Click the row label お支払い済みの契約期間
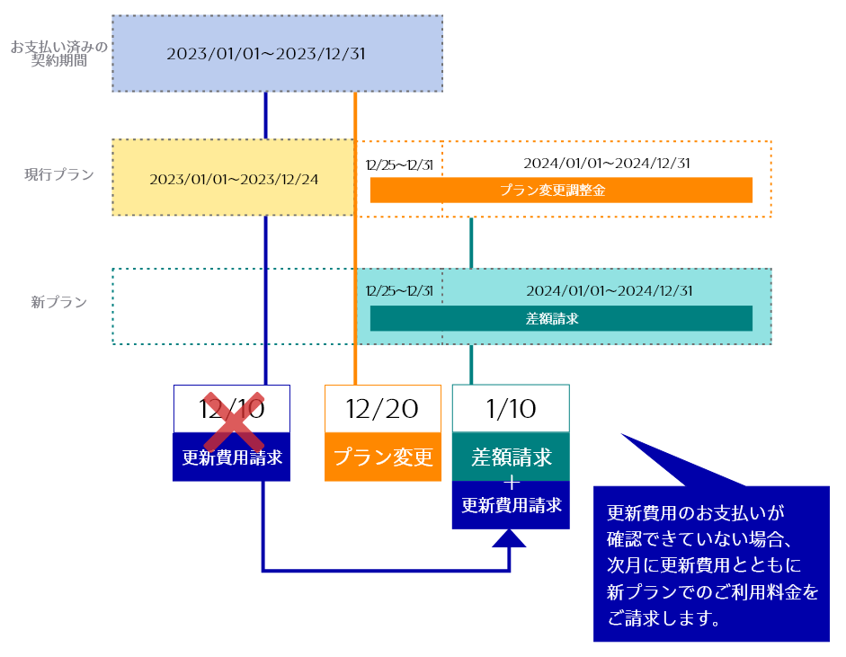click(58, 54)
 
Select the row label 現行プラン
click(58, 174)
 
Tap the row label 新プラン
click(58, 303)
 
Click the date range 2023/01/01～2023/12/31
click(266, 53)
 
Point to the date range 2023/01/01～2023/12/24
click(234, 179)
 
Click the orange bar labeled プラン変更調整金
click(561, 191)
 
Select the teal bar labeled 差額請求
click(561, 318)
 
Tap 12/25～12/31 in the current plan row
click(399, 164)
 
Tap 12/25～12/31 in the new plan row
click(399, 290)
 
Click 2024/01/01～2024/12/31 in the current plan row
click(607, 164)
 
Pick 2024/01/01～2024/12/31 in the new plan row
click(609, 290)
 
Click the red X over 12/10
click(233, 421)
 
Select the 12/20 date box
click(383, 409)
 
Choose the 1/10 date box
click(511, 409)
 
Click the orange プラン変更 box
click(383, 457)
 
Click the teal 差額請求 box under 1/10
click(511, 457)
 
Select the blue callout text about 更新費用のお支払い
click(711, 564)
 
